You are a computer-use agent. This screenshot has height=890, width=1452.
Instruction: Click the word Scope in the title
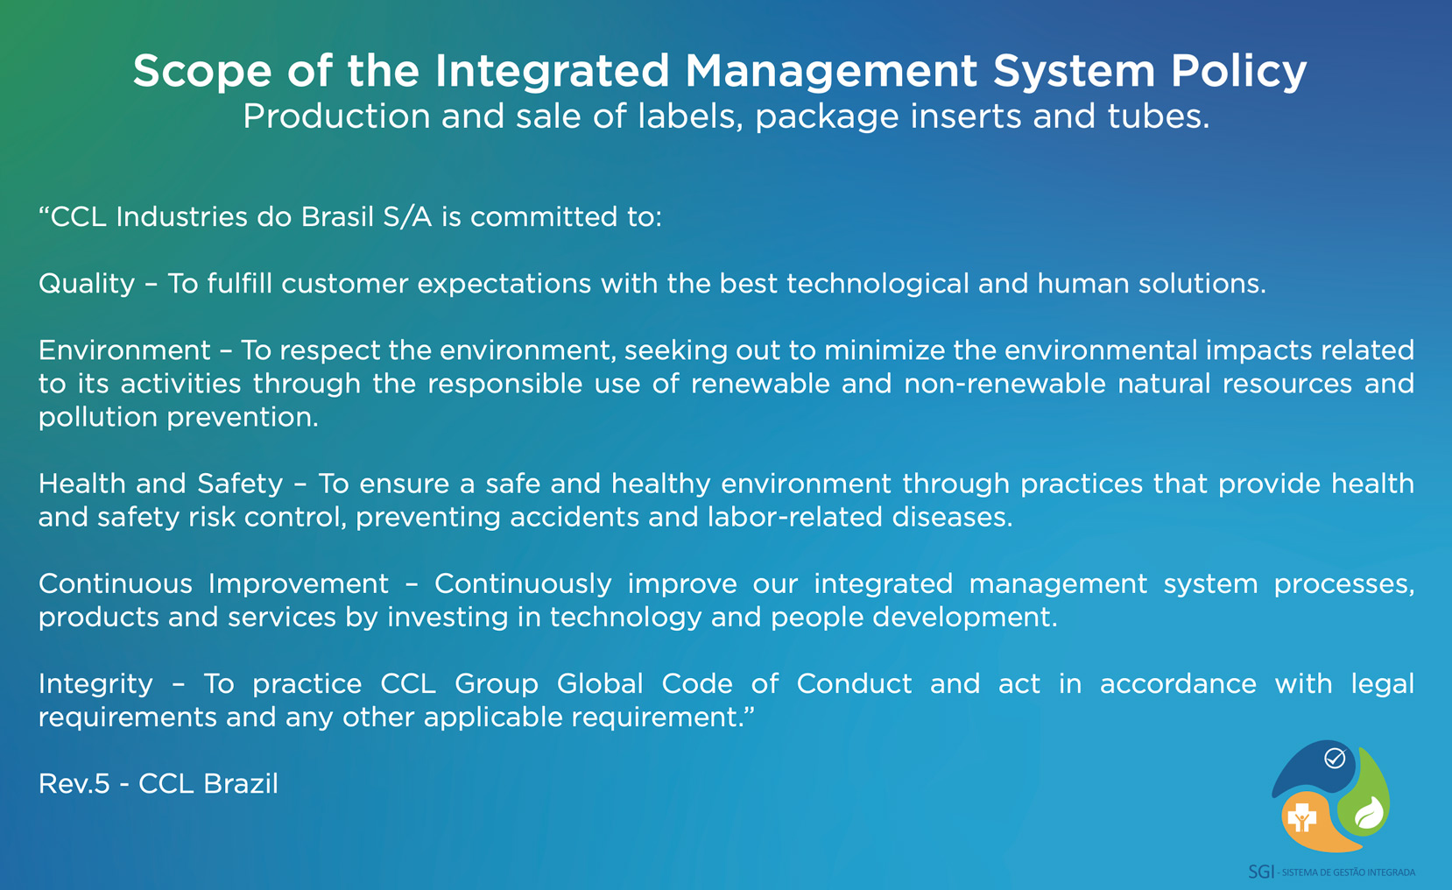[202, 71]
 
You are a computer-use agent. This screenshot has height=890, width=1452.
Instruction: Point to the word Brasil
[337, 216]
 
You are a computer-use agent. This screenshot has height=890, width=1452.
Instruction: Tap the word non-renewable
[1004, 384]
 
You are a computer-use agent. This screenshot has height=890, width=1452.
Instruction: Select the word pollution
[98, 418]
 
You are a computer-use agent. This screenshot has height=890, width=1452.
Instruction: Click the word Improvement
[298, 584]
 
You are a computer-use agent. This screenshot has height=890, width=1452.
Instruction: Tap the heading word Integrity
[96, 684]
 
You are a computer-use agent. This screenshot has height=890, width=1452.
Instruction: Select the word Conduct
[854, 684]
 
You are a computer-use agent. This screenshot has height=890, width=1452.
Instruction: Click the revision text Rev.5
[74, 784]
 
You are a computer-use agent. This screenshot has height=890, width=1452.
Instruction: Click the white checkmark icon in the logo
[1335, 759]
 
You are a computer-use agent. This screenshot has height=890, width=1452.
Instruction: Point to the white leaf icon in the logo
[1369, 812]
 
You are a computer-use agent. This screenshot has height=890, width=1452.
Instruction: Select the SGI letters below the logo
[1261, 872]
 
